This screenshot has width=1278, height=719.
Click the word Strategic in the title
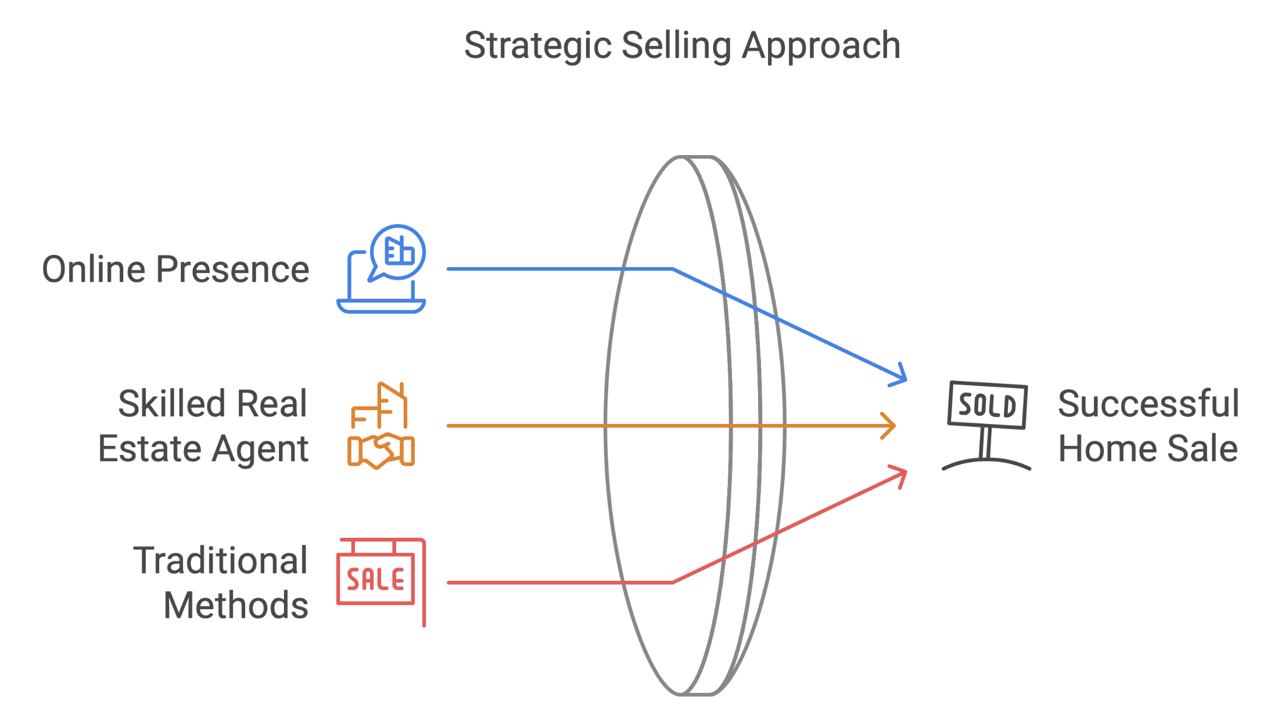[x=538, y=46]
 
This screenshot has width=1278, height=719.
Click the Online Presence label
[x=175, y=269]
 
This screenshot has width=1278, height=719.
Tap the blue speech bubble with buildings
[x=399, y=252]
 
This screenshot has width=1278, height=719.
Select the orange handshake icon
[x=381, y=451]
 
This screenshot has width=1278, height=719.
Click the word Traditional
[x=220, y=561]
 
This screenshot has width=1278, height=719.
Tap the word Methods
[x=235, y=606]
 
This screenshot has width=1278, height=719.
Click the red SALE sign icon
[x=376, y=579]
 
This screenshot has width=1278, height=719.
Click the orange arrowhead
[x=889, y=426]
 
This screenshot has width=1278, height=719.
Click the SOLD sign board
[x=987, y=405]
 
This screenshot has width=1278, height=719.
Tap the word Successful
[x=1148, y=404]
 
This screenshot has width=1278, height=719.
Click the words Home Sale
[x=1147, y=449]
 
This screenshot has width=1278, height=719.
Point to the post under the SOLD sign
[x=985, y=443]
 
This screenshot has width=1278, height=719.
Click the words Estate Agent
[x=203, y=449]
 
